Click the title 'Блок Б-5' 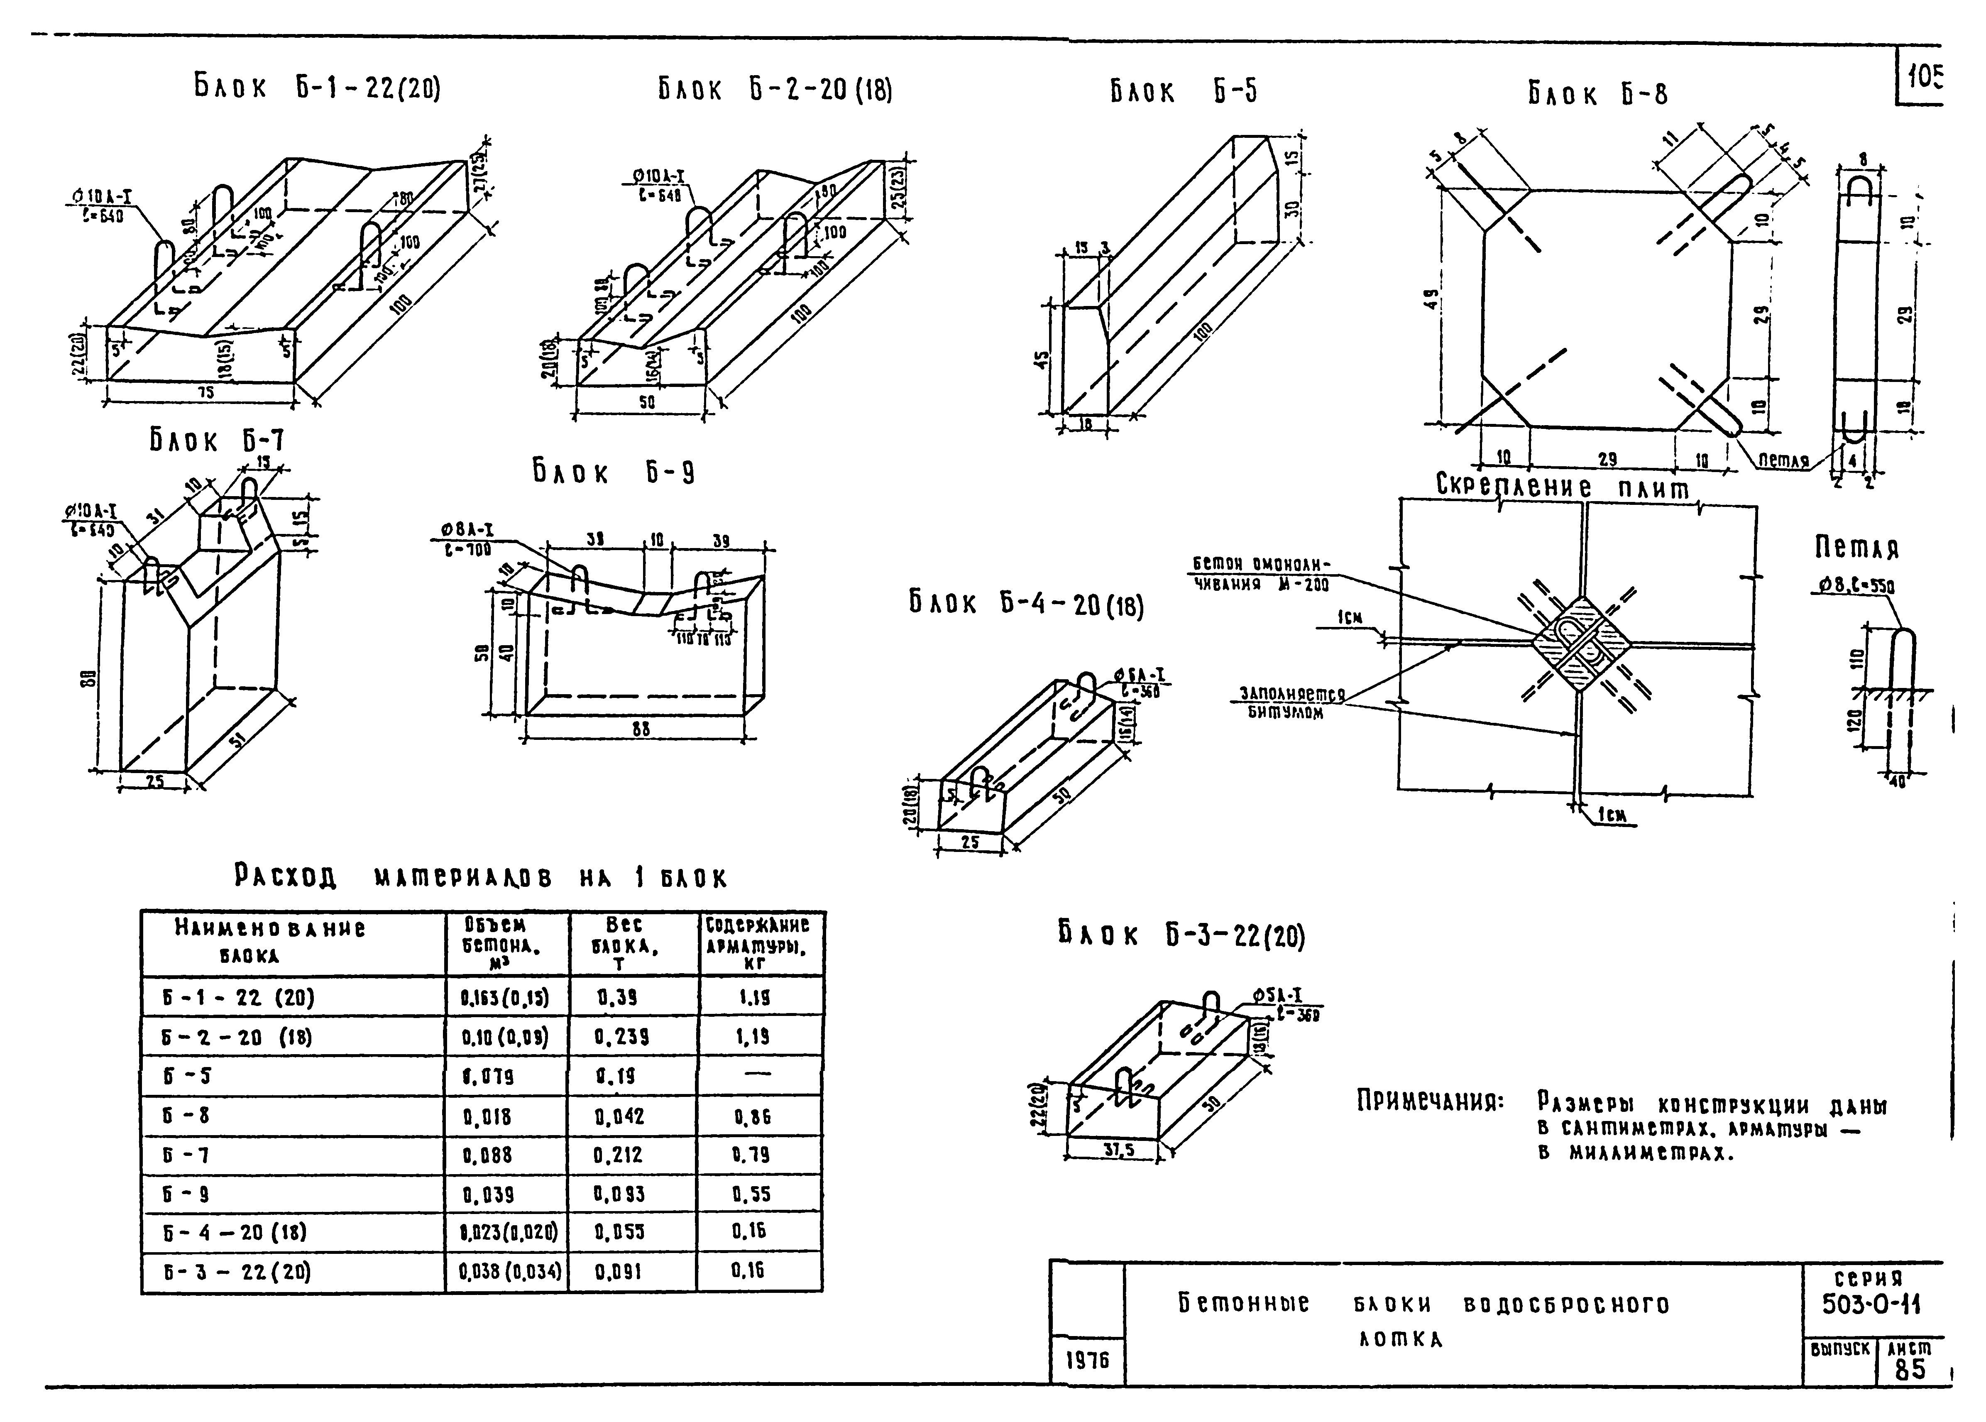(1184, 91)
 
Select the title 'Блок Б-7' (216, 441)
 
